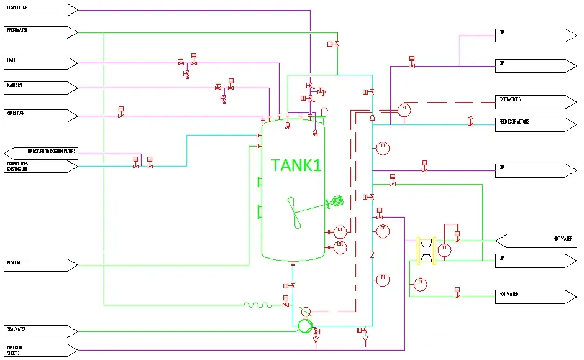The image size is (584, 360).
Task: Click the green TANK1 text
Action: [x=296, y=165]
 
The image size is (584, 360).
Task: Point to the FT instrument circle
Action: [x=404, y=109]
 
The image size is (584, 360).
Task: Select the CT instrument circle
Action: [x=383, y=231]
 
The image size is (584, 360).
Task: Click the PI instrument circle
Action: [x=383, y=279]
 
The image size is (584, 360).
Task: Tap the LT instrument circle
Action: [x=340, y=231]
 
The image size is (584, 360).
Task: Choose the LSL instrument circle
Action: [x=340, y=247]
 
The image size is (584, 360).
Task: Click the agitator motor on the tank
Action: [x=337, y=201]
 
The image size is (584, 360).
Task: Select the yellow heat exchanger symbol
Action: [x=426, y=250]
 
